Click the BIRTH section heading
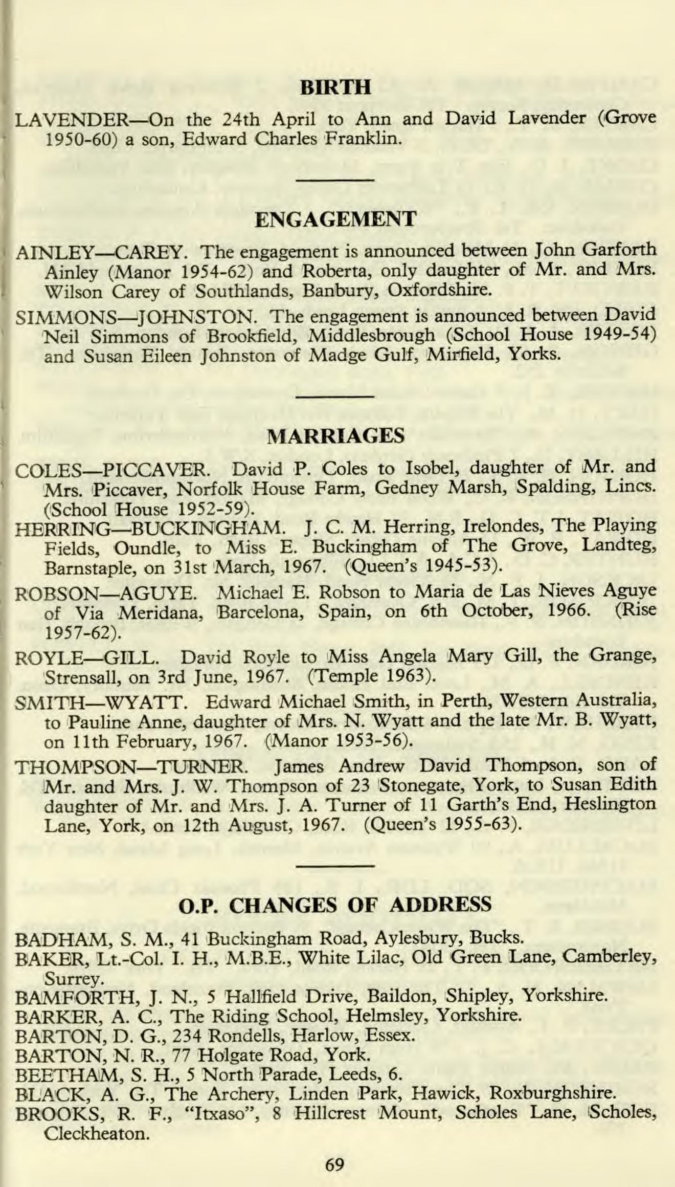coord(336,88)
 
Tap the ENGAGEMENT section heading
coord(335,219)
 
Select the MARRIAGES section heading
coord(336,436)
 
